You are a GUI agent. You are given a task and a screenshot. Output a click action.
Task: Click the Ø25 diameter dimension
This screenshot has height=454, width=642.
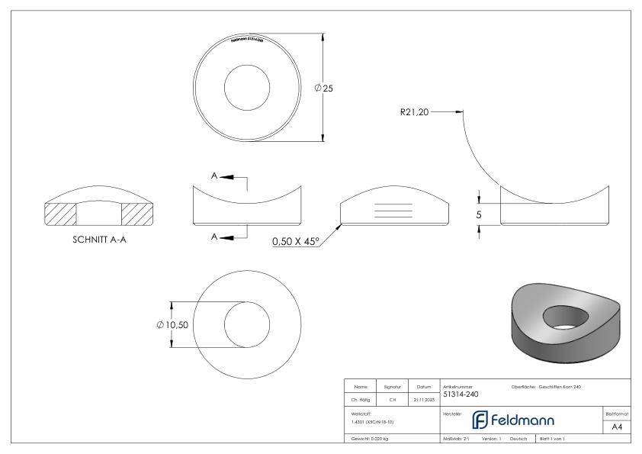click(x=324, y=89)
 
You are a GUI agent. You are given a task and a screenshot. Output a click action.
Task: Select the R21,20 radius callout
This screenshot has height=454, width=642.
click(x=415, y=111)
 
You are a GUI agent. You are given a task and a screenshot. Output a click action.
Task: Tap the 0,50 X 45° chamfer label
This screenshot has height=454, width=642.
click(x=295, y=242)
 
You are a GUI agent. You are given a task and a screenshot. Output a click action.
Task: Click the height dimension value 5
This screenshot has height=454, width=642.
click(x=479, y=215)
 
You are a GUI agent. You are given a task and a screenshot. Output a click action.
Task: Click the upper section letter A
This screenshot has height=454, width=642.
click(x=216, y=176)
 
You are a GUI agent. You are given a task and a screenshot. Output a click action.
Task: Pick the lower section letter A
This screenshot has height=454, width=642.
click(x=216, y=237)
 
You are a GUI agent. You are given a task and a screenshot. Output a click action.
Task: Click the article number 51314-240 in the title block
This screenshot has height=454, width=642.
click(x=461, y=394)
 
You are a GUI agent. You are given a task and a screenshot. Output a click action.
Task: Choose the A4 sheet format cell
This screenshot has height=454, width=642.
click(x=619, y=428)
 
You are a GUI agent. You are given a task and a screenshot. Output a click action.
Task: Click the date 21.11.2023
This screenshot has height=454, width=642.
click(x=423, y=398)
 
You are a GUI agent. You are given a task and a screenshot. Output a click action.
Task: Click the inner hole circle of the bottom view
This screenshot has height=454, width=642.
click(x=248, y=324)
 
